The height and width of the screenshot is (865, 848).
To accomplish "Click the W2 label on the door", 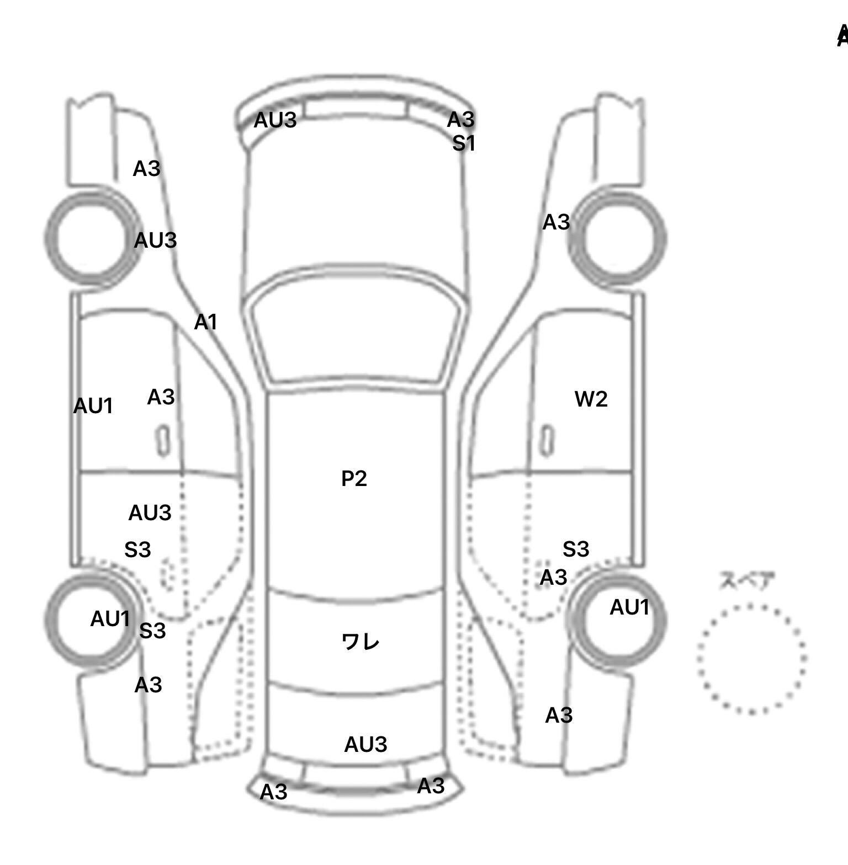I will tap(591, 399).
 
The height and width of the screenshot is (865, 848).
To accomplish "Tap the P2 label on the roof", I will tap(354, 478).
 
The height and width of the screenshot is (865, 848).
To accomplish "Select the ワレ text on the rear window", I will tap(361, 642).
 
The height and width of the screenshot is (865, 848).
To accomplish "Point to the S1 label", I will tap(464, 143).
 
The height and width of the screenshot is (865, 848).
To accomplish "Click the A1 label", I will tap(206, 322).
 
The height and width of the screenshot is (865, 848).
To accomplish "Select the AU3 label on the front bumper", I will tap(275, 120).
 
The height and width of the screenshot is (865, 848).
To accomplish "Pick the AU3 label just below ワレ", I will tap(365, 744).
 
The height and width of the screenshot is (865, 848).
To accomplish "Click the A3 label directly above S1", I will tap(460, 119).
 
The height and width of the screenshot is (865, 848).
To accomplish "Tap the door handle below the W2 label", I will tap(547, 440).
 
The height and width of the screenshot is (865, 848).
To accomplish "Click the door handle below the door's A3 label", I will tap(163, 441).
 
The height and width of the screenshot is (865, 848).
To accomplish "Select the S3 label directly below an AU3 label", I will tap(137, 549).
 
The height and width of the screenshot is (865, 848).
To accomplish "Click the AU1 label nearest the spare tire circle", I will tap(629, 607).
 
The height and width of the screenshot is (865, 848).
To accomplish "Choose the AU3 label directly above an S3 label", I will tap(150, 512).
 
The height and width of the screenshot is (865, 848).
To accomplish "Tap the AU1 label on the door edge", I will tap(93, 406).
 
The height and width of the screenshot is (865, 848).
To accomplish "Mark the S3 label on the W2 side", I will tap(576, 549).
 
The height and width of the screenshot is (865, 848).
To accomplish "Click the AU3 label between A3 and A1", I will tap(155, 240).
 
